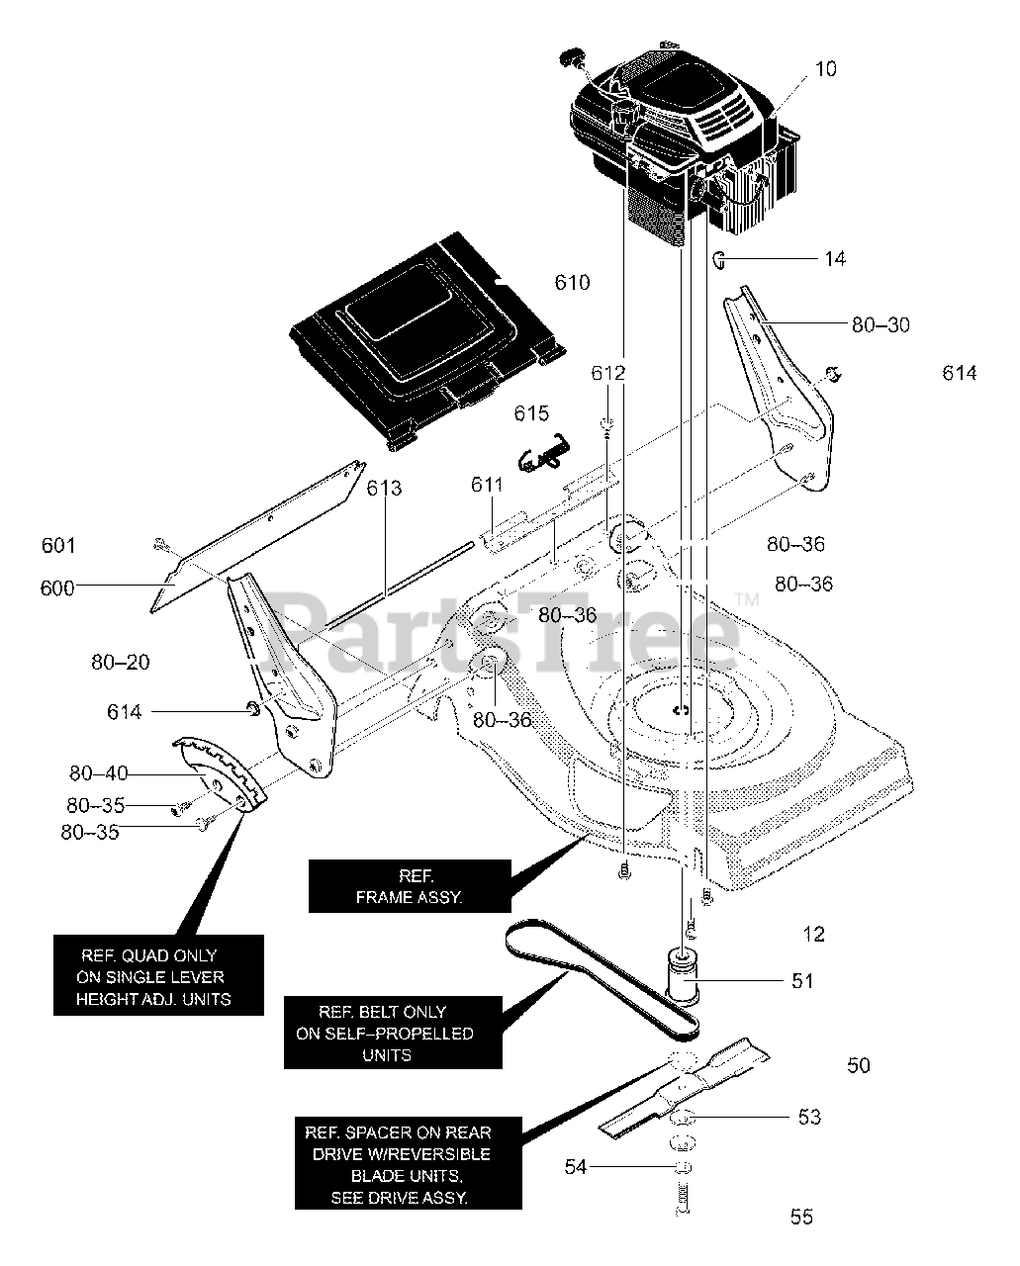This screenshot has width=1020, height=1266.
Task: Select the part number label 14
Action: point(835,259)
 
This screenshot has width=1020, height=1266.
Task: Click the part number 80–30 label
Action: point(881,324)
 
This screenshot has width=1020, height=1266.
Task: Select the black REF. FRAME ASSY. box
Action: point(409,886)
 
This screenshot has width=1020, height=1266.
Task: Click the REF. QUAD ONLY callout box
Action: point(158,976)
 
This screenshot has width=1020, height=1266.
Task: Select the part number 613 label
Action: point(385,488)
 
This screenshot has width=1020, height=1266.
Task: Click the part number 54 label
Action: point(576,1168)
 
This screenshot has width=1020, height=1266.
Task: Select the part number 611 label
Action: point(487,485)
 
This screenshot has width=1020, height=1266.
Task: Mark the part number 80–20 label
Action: point(121,663)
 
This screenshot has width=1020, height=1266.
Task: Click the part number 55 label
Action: point(801,1217)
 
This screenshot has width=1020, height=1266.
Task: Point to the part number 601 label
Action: point(58,545)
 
